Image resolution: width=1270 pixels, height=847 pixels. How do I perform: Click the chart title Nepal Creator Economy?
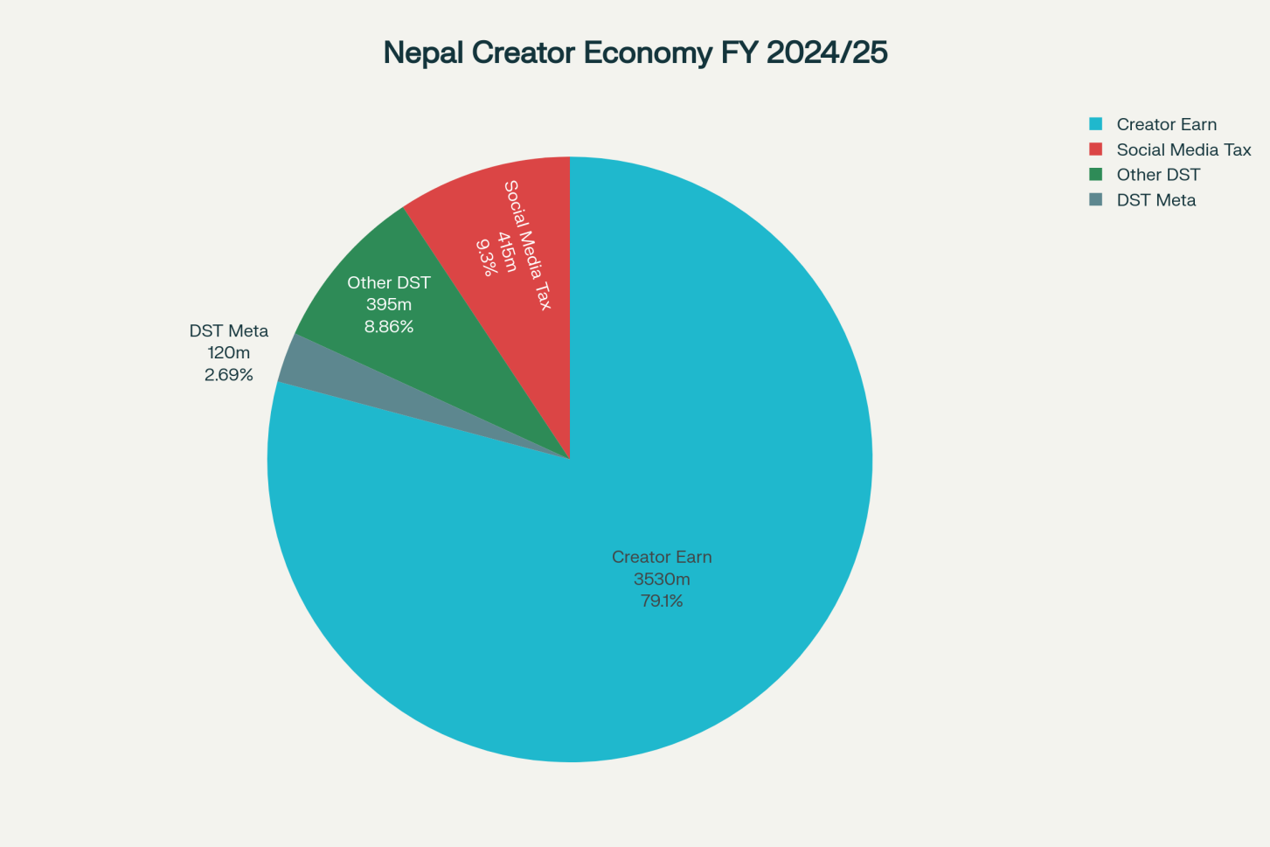(635, 52)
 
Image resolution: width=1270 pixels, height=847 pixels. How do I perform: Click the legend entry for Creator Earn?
(1166, 124)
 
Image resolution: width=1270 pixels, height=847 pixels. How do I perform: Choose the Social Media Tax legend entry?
(1183, 149)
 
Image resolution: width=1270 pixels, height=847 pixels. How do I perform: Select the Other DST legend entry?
(1158, 175)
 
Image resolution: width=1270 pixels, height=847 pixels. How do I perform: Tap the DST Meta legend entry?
(1155, 200)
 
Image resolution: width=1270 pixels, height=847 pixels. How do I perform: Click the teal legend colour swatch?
(1096, 124)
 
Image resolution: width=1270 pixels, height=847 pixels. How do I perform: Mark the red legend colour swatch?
(1096, 149)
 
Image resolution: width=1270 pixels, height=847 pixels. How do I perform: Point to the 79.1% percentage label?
(662, 601)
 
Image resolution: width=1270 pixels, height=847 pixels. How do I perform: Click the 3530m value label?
(662, 579)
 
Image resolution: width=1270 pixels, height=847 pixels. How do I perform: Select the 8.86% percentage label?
(389, 327)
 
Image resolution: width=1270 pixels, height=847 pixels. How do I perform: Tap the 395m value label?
(389, 304)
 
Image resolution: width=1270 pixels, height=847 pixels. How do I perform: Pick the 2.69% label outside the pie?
(229, 375)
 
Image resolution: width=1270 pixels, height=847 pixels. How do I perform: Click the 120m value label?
(229, 353)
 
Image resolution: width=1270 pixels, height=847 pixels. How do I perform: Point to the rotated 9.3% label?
(486, 257)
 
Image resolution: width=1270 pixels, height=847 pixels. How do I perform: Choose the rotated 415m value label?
(507, 252)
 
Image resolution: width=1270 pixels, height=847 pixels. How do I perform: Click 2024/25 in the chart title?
(827, 52)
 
